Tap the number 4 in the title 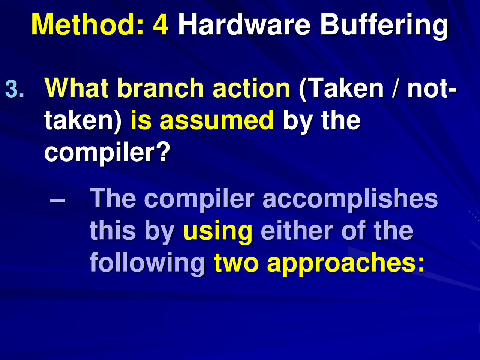tap(160, 25)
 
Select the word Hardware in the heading tap(244, 25)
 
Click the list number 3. tap(15, 89)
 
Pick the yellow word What tap(77, 88)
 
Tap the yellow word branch tap(160, 88)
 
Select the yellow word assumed tap(217, 121)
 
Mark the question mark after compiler tap(163, 152)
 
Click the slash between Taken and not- tap(395, 88)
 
